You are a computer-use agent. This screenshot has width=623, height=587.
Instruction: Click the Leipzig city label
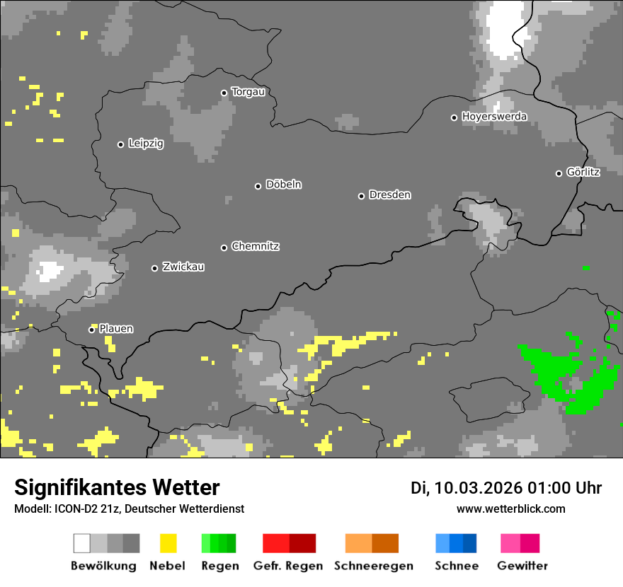146,144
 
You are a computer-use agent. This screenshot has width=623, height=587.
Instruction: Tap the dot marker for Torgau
224,93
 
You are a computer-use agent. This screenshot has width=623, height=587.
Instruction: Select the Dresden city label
389,194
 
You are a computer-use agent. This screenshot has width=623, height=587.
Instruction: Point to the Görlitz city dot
559,173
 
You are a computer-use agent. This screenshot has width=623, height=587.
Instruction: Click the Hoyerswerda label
494,117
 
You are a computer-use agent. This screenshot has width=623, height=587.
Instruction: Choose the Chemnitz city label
255,247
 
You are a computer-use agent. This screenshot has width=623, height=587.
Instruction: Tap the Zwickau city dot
154,268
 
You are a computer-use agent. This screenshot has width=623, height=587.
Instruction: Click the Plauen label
116,329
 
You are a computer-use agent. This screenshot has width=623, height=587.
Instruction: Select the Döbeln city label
283,185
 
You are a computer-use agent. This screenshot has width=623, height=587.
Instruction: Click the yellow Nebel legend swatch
168,543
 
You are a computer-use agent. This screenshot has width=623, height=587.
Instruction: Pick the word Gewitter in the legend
522,566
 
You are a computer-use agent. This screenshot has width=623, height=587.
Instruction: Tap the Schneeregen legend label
374,566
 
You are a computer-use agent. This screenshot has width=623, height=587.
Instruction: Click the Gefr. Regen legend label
288,566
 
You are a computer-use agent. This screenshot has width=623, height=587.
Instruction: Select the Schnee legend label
457,566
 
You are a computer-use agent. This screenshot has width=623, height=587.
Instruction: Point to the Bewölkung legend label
103,566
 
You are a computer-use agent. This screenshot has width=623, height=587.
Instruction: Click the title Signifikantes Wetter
117,488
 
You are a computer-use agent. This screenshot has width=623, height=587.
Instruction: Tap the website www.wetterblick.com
511,509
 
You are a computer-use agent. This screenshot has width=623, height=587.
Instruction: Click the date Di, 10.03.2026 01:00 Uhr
506,488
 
